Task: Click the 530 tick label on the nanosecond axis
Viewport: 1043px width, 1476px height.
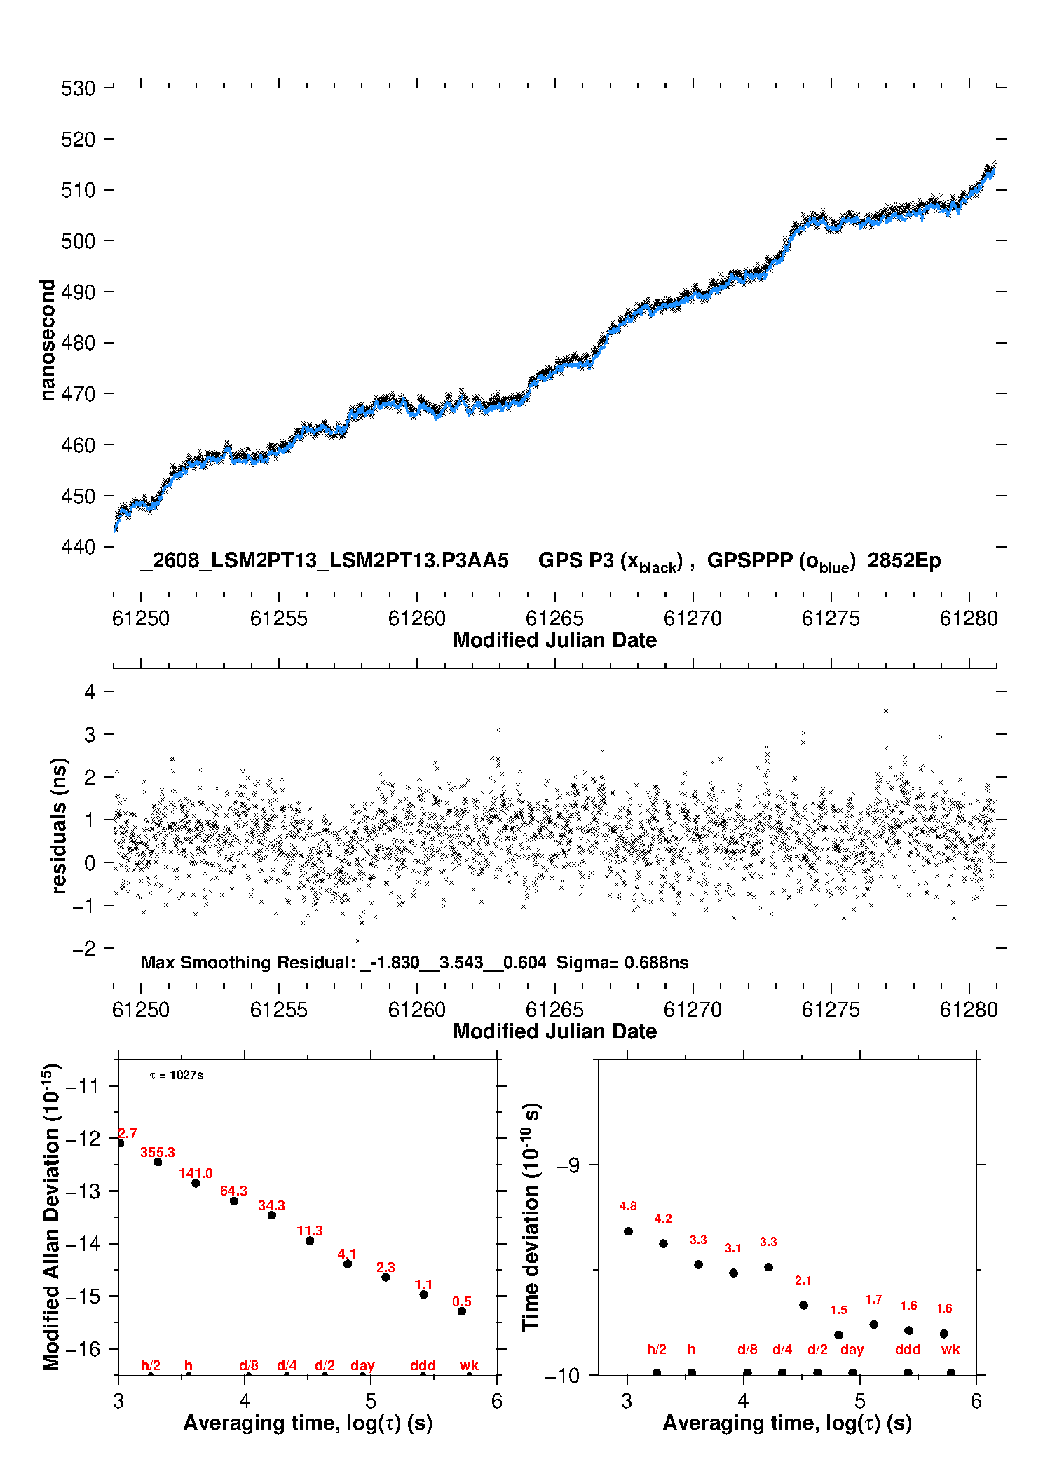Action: (x=78, y=88)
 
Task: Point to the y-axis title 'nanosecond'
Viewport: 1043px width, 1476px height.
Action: (x=47, y=340)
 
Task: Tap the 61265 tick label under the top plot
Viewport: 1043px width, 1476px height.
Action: (x=554, y=618)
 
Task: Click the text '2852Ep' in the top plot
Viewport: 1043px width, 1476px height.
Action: (x=904, y=561)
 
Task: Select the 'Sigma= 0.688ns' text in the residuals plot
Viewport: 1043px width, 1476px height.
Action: (x=622, y=963)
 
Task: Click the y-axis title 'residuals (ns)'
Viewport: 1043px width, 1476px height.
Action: (x=59, y=825)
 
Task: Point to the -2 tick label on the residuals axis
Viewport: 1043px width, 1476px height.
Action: (x=84, y=949)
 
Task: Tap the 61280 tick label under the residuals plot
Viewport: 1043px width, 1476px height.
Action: (x=969, y=1010)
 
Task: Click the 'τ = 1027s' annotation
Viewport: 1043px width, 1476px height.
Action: (x=177, y=1075)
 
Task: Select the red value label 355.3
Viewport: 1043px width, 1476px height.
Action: (x=158, y=1152)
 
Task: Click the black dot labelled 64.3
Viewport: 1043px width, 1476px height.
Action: (x=234, y=1201)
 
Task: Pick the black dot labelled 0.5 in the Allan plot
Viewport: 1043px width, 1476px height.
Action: (x=462, y=1311)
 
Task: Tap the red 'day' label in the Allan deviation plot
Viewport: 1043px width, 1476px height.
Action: (x=362, y=1366)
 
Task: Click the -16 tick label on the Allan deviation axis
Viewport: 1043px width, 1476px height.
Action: (x=83, y=1348)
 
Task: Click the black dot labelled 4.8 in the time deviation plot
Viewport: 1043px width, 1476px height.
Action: (x=628, y=1231)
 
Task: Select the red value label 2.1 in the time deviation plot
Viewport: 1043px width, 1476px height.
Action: (x=803, y=1280)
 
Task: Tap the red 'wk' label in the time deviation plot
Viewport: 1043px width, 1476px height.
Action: (x=950, y=1350)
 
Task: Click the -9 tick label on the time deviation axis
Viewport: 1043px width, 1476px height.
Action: (x=568, y=1165)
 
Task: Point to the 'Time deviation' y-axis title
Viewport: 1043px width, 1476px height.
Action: (x=531, y=1217)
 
